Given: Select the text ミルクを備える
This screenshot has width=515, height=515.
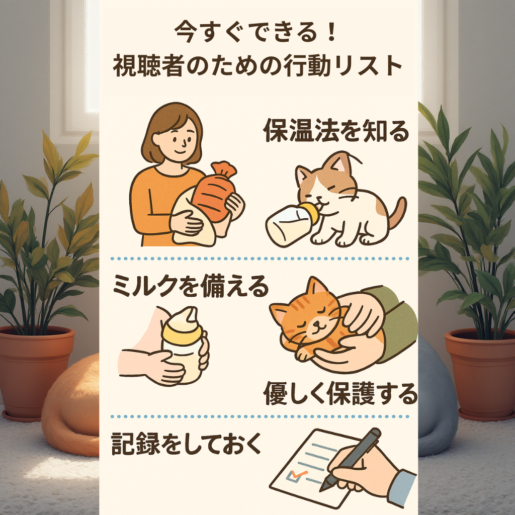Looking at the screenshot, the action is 190,286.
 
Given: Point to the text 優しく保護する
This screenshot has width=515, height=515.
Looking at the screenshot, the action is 340,393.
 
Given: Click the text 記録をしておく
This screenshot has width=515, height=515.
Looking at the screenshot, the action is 186,444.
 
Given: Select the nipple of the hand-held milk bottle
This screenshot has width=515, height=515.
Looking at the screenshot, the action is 190,315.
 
